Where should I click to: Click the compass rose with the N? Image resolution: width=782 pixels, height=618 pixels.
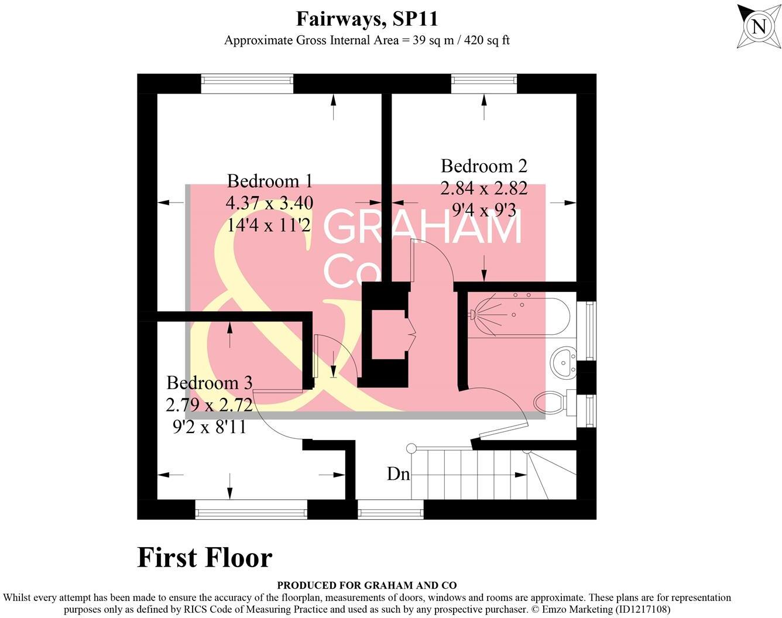(759, 27)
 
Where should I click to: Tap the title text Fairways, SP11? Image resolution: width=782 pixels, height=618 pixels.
(366, 19)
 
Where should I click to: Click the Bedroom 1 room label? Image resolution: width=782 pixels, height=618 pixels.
(269, 181)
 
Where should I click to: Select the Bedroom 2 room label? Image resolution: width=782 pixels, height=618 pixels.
(483, 166)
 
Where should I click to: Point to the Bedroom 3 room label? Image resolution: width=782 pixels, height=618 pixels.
(209, 383)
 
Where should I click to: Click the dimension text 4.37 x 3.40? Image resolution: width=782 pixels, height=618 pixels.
(269, 203)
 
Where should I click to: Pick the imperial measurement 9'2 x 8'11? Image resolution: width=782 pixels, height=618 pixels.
(209, 427)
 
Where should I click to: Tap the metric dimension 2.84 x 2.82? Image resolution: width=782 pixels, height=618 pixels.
(483, 188)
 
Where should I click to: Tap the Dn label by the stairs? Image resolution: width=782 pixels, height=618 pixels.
(398, 473)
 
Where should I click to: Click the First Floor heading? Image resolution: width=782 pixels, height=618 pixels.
(204, 557)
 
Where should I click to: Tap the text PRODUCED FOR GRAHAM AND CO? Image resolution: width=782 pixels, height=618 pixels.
(366, 585)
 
